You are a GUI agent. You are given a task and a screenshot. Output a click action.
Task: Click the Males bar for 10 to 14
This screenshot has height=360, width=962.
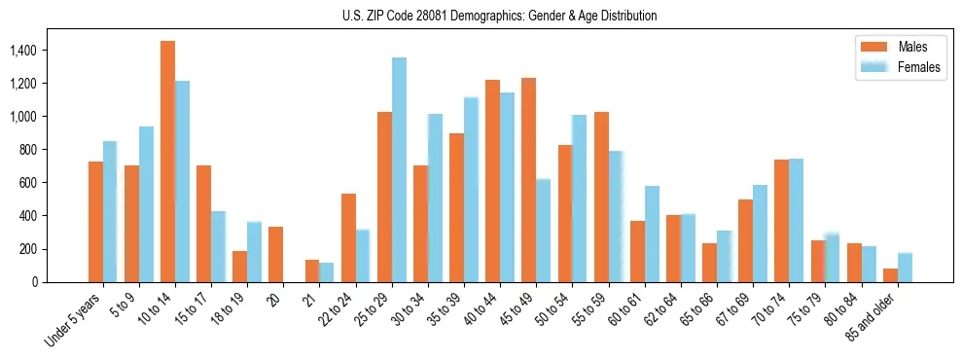(167, 162)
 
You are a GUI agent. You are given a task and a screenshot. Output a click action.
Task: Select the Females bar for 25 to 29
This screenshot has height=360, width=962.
(399, 170)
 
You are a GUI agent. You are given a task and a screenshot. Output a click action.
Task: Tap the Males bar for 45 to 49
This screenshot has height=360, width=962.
(528, 180)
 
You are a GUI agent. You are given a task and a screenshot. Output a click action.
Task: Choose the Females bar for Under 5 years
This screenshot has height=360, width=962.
(110, 211)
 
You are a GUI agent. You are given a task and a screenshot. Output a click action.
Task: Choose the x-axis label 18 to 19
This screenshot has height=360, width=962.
(235, 309)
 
